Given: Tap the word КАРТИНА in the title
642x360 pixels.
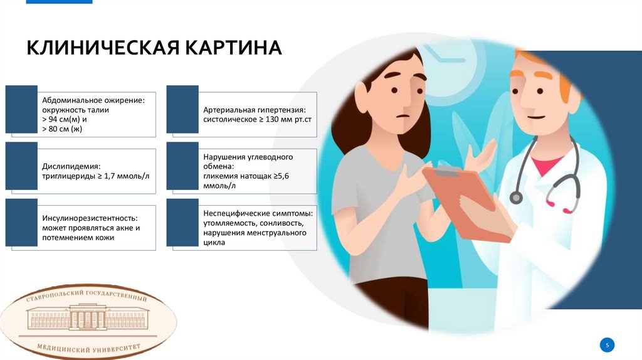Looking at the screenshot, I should [233, 48].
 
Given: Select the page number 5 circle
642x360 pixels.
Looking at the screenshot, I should [607, 344].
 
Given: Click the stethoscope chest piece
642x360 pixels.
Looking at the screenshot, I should [516, 197].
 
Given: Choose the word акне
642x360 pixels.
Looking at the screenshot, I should [117, 228].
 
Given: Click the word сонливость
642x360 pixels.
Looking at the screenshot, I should [282, 223].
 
